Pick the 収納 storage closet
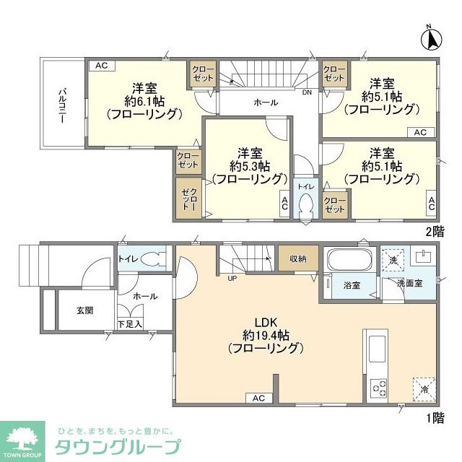click(298, 258)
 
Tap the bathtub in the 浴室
click(349, 258)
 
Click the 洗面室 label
click(409, 284)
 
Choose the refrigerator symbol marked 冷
click(424, 388)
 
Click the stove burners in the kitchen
click(380, 388)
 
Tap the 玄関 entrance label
click(85, 310)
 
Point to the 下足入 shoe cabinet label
click(130, 325)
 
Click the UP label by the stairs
click(232, 278)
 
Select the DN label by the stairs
click(307, 92)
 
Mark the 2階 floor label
click(435, 232)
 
